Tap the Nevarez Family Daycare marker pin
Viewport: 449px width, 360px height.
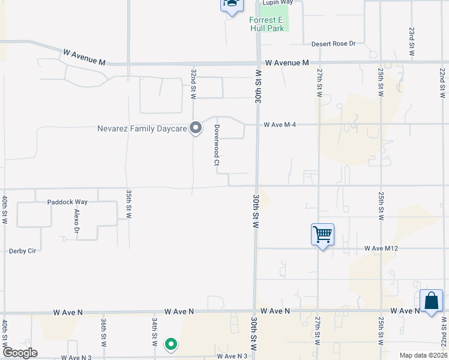coord(196,127)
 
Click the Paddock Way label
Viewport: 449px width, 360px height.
coord(67,202)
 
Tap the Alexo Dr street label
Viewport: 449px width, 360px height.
coord(77,221)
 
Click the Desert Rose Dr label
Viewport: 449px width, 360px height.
coord(334,44)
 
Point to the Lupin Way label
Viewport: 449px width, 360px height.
coord(277,2)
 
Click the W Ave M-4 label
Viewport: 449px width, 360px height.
coord(280,125)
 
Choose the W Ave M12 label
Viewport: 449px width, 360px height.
coord(382,248)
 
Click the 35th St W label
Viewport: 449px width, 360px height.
coord(128,203)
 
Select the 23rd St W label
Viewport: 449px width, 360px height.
coord(412,41)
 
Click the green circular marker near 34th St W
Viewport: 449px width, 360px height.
coord(171,344)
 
